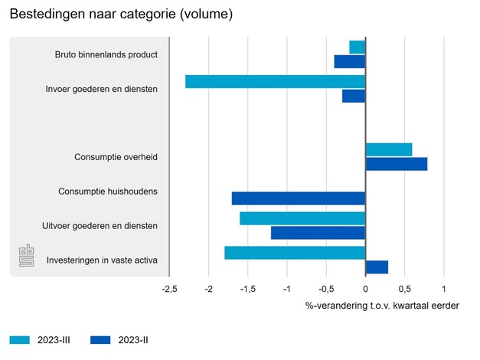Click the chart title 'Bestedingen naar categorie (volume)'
[x=121, y=15]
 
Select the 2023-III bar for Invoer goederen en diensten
[x=276, y=81]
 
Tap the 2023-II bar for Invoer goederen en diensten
[x=354, y=96]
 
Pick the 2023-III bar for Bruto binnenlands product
[x=358, y=47]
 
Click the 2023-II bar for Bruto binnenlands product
[x=350, y=61]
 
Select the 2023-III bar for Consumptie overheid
[x=389, y=149]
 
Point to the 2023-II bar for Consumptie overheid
[x=397, y=164]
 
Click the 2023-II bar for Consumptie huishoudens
[x=299, y=198]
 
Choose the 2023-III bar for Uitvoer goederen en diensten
[x=302, y=218]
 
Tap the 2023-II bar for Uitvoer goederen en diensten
[x=318, y=233]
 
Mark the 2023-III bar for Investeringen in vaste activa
[x=295, y=253]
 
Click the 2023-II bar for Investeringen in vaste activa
[x=377, y=267]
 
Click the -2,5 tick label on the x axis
[x=170, y=290]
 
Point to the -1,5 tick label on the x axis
[x=248, y=290]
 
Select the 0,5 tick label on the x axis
[x=405, y=290]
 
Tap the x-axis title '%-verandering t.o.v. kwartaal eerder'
[x=382, y=306]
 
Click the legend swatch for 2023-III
[x=20, y=340]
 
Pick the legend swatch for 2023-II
[x=100, y=340]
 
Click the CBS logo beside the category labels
[x=28, y=257]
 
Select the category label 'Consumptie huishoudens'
[x=108, y=191]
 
